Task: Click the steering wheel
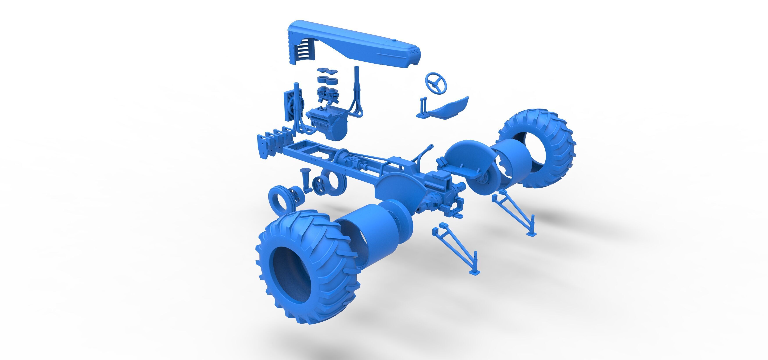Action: tap(436, 83)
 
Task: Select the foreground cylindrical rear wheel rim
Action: tap(376, 233)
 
